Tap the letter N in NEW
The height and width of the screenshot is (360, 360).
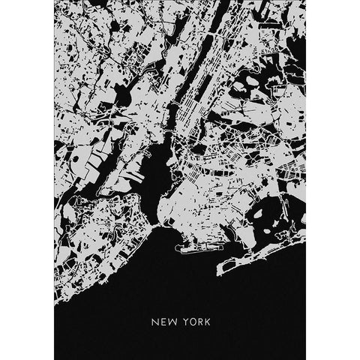[154, 325]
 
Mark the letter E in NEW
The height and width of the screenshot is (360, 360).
[162, 325]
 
